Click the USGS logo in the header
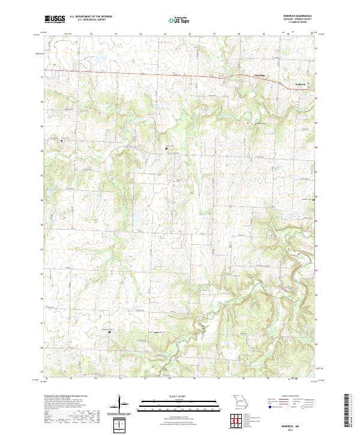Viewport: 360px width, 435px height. (x=55, y=19)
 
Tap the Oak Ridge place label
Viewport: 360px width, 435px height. (x=257, y=75)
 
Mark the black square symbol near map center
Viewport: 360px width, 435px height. (x=166, y=148)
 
